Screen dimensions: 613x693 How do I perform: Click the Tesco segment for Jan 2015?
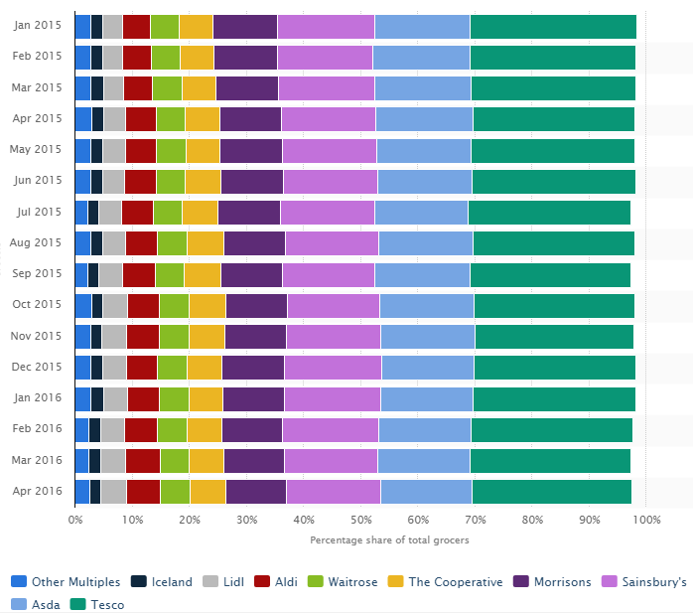(x=552, y=27)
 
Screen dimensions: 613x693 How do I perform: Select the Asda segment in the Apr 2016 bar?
(x=426, y=491)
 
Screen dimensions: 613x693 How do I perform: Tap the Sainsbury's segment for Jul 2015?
(x=327, y=213)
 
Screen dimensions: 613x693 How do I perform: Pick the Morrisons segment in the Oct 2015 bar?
(x=256, y=305)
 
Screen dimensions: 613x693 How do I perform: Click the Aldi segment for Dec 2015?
(x=142, y=368)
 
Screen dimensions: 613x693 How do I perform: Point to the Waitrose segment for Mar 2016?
(x=174, y=460)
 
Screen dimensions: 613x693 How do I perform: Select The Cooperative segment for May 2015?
(x=203, y=151)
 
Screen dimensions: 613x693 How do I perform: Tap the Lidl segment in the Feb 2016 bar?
(x=112, y=429)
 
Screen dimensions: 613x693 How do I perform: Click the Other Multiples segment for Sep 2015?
(x=80, y=274)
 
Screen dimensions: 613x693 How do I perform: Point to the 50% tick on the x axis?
(x=360, y=520)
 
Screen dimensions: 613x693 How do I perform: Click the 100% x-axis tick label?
(x=645, y=520)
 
